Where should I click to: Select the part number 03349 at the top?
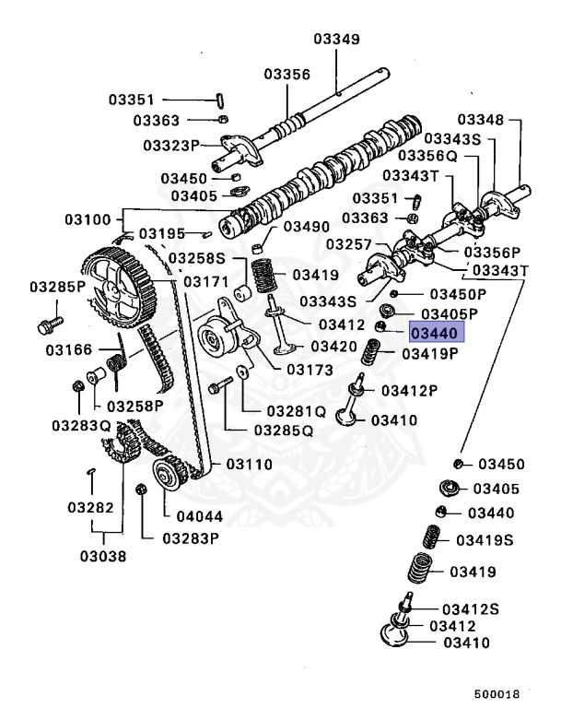point(338,39)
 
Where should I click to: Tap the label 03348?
point(483,120)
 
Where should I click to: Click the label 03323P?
point(171,146)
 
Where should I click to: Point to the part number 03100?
point(88,219)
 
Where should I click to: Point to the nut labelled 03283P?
point(141,488)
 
